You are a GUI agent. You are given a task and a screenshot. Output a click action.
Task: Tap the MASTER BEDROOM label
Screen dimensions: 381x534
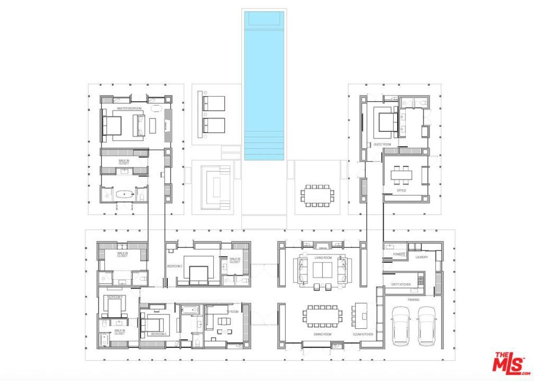point(130,109)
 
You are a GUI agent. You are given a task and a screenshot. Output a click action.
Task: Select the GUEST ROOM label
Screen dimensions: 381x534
point(382,144)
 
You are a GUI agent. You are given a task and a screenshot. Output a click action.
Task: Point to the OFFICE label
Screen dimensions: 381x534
point(401,190)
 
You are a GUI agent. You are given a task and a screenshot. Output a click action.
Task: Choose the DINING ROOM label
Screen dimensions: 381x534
point(322,334)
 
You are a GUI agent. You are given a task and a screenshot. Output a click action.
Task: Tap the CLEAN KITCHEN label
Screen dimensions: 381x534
point(363,334)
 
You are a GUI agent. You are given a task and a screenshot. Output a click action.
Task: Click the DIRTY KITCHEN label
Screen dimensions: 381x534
point(401,284)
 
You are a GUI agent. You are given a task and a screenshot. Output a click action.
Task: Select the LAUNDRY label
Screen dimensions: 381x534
point(421,257)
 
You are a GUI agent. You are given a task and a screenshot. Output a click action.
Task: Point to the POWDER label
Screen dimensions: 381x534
point(399,254)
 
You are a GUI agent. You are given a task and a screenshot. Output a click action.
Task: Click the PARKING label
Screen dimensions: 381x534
point(413,300)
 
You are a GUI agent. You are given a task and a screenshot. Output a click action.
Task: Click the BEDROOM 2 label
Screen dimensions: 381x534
point(174,266)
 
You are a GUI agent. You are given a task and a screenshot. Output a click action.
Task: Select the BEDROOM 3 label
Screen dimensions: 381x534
point(158,334)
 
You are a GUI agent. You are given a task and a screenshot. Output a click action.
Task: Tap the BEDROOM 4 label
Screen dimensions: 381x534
point(114,296)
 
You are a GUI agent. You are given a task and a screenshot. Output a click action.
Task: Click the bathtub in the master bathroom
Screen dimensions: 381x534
point(125,195)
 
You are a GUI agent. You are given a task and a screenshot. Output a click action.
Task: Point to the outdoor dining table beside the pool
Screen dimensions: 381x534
point(317,194)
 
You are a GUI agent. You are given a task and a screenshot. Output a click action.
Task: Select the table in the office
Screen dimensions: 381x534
point(401,174)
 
